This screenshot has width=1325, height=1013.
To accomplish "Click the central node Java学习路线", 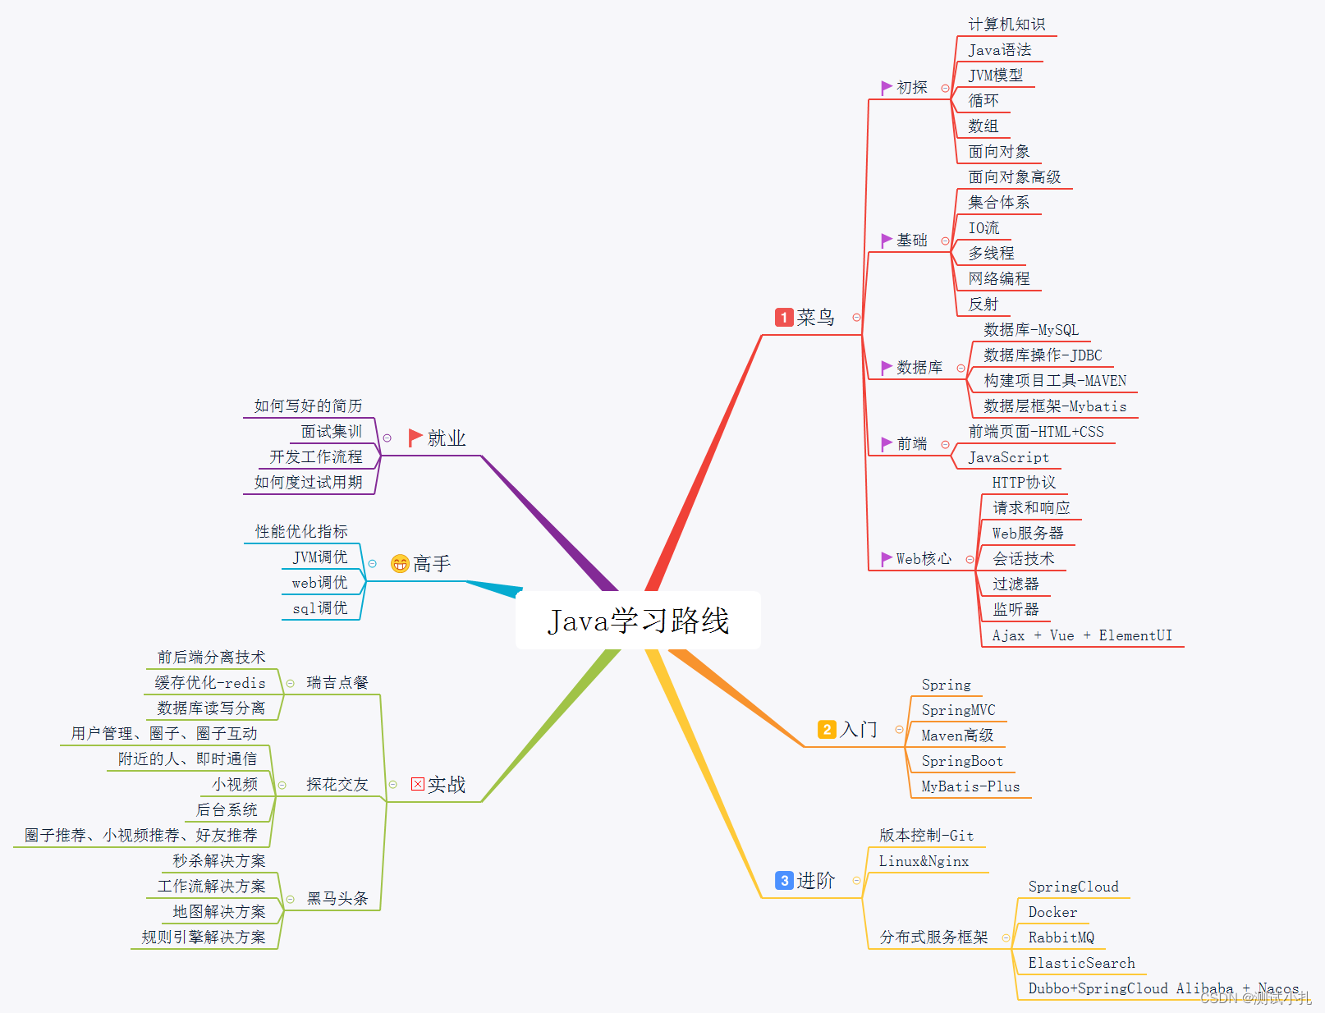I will click(638, 621).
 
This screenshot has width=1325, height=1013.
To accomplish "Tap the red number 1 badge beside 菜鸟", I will click(784, 318).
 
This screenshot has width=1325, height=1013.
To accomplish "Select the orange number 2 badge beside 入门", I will click(827, 729).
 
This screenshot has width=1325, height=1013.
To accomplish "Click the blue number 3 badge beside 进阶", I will click(784, 881).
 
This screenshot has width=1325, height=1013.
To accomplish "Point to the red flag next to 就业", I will click(415, 438).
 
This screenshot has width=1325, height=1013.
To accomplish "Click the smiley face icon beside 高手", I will click(400, 564).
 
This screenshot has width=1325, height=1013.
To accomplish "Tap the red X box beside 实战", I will click(418, 784).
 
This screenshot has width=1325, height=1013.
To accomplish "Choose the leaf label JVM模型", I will click(995, 76).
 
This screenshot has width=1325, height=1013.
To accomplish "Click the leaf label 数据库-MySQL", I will click(1031, 330).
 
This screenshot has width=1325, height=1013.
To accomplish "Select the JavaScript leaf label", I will click(1008, 457).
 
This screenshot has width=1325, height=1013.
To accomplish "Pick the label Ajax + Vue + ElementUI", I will click(1082, 635).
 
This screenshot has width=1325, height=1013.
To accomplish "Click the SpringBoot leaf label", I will click(962, 761).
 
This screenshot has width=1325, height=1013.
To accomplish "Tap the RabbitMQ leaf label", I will click(1061, 937).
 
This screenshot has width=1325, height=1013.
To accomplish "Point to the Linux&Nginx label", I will click(924, 861).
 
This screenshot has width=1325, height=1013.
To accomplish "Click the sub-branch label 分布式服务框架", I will click(933, 937).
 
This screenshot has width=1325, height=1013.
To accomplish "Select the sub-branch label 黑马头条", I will click(337, 899).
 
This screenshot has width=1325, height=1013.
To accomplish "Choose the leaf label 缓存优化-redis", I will click(210, 683).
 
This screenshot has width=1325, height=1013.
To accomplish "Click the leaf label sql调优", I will click(320, 608).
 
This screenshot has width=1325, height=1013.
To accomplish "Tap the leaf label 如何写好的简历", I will click(308, 406).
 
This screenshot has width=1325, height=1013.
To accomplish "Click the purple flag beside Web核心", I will click(886, 559).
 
